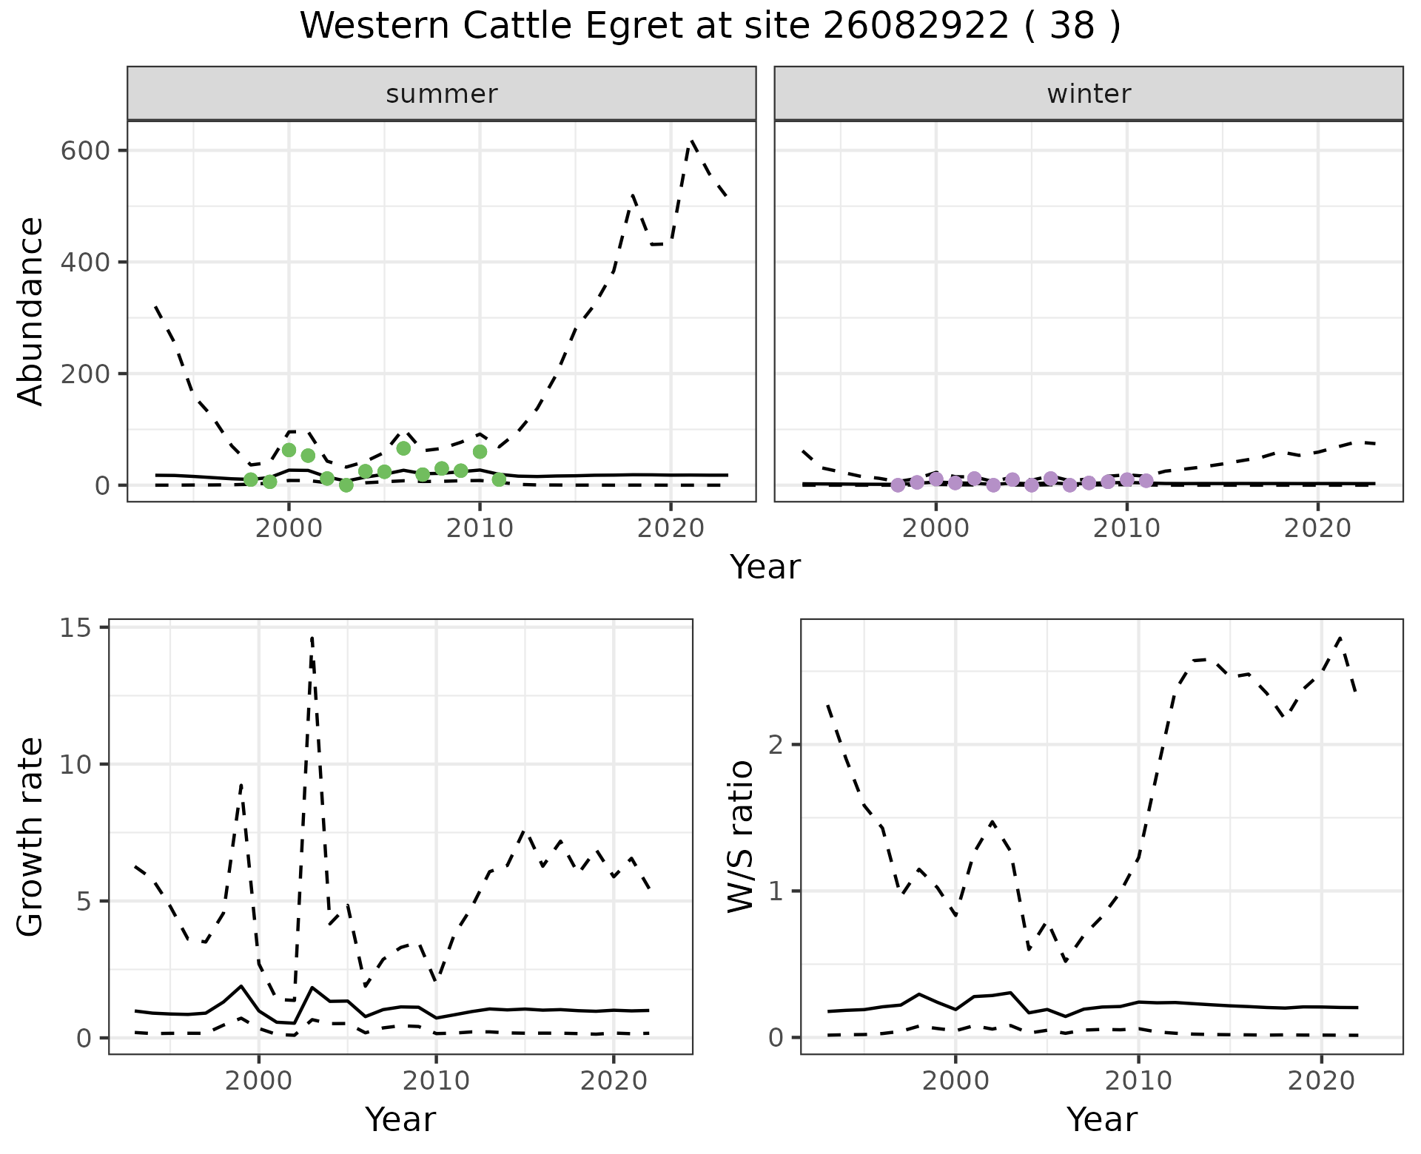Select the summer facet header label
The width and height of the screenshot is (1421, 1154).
(442, 94)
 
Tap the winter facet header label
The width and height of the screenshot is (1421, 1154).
(1089, 94)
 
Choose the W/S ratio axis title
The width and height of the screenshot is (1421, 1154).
(740, 837)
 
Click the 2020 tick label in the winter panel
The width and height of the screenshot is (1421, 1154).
(1317, 529)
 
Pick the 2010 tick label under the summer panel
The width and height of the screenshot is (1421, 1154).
(480, 529)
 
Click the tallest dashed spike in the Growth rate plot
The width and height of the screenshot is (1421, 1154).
(312, 636)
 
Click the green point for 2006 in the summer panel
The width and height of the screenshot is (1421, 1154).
(403, 448)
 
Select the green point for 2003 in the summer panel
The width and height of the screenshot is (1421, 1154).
(346, 485)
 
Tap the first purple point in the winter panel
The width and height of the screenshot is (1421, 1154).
(898, 485)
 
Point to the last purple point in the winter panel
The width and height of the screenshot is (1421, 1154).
(1146, 481)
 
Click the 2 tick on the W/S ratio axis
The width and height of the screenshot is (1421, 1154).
(776, 744)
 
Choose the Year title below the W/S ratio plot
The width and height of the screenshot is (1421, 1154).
(1101, 1120)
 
